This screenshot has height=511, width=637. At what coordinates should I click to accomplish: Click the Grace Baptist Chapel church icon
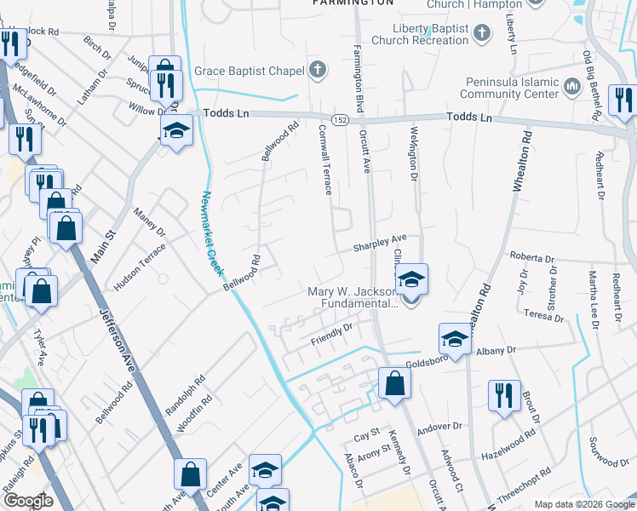(318, 70)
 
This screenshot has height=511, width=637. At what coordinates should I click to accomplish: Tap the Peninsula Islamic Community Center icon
(571, 86)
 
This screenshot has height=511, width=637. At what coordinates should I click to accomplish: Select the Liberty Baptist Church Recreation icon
(482, 34)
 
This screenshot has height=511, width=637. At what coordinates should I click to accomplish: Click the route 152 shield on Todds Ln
(339, 118)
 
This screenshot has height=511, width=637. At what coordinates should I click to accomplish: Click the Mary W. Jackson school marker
(411, 281)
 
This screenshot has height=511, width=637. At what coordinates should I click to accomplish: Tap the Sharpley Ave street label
(381, 244)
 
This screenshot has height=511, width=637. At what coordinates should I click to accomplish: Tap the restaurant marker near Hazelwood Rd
(503, 395)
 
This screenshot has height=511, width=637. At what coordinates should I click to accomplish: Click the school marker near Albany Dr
(455, 339)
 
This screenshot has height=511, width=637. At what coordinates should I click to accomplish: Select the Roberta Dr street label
(532, 257)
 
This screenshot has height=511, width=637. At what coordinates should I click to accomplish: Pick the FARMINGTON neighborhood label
(354, 3)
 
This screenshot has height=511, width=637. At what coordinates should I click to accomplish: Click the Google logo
(28, 501)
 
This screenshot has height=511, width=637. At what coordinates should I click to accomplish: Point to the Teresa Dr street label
(546, 313)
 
